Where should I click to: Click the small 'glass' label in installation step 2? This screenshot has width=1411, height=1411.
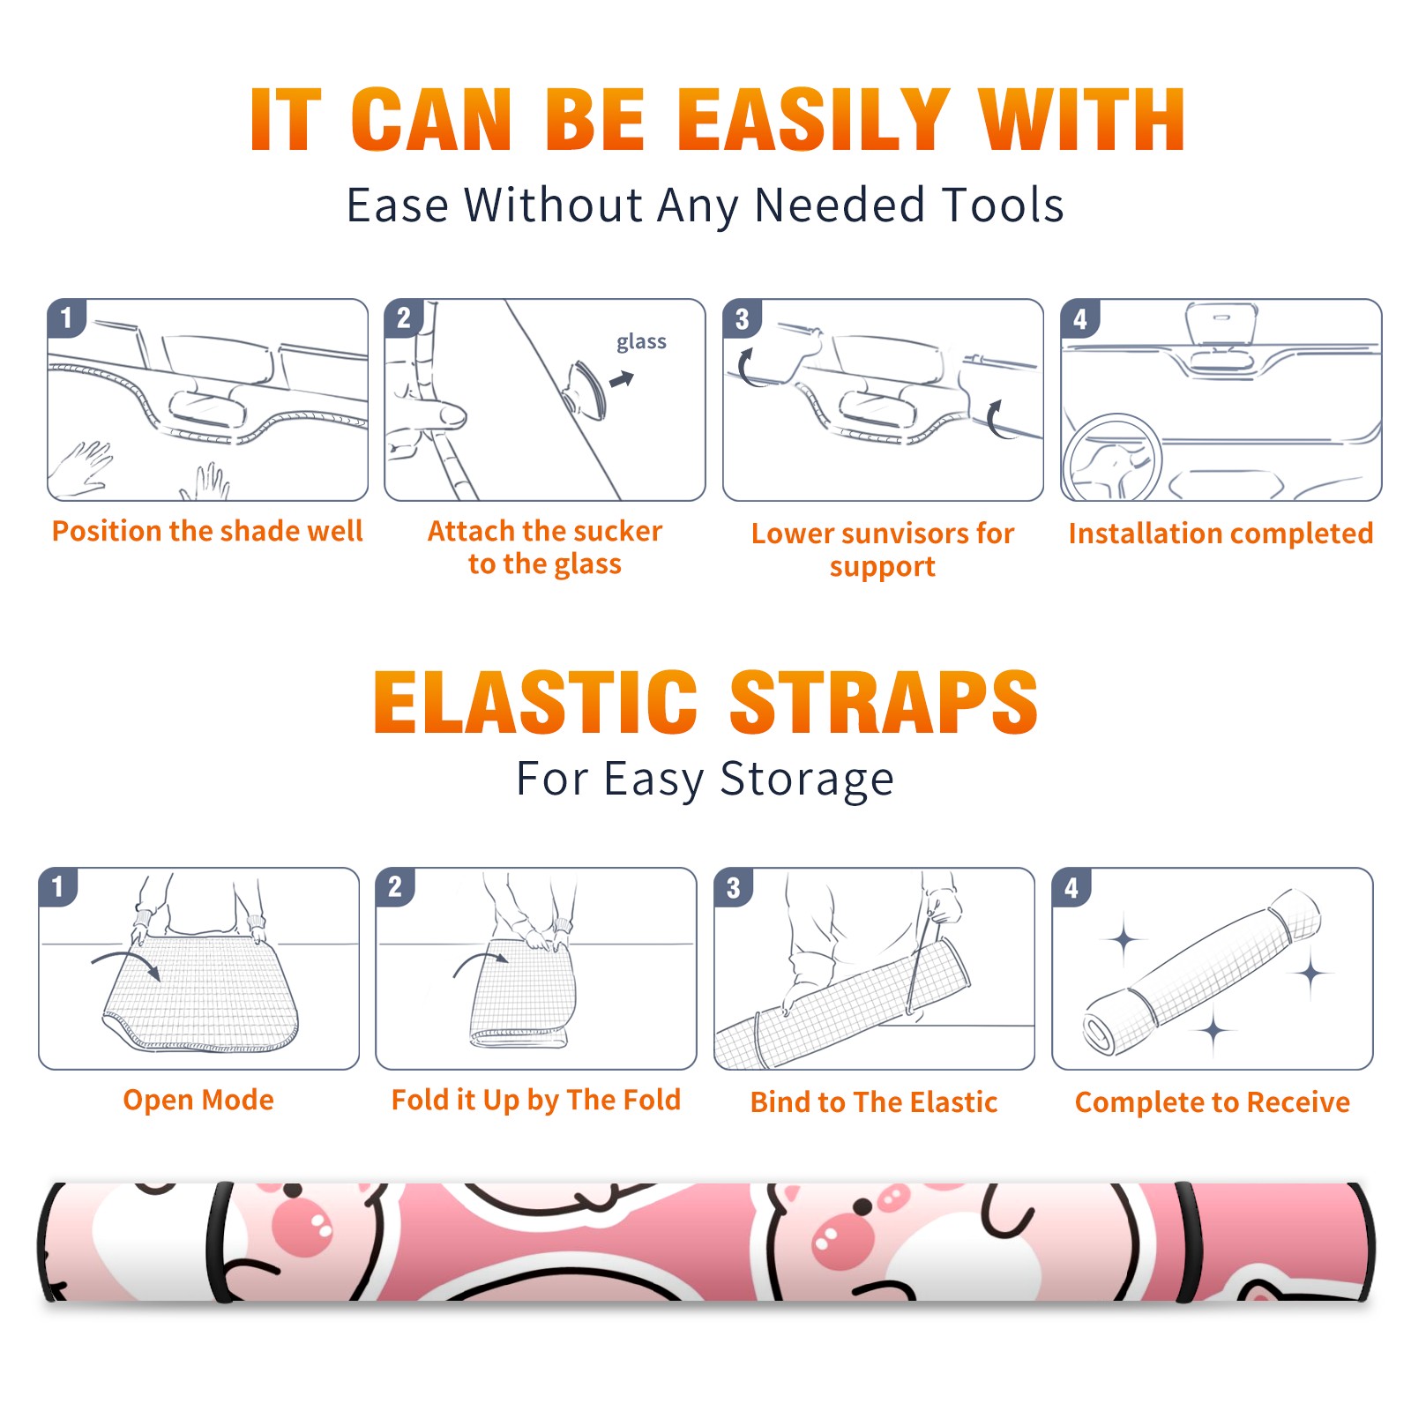641,342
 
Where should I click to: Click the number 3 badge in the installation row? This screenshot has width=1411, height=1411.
742,318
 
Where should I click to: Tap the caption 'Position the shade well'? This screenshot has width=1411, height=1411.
207,531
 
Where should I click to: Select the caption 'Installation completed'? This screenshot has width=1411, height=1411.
1221,534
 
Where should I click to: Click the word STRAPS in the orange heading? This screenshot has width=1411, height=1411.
884,702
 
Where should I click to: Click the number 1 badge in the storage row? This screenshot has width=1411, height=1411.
58,886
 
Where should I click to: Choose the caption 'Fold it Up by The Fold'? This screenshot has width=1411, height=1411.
536,1100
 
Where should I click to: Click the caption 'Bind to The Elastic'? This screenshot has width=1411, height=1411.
874,1102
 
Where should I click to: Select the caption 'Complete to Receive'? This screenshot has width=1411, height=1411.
1213,1102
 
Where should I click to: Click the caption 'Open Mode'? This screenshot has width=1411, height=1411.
198,1100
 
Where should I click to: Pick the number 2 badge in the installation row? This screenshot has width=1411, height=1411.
404,318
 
